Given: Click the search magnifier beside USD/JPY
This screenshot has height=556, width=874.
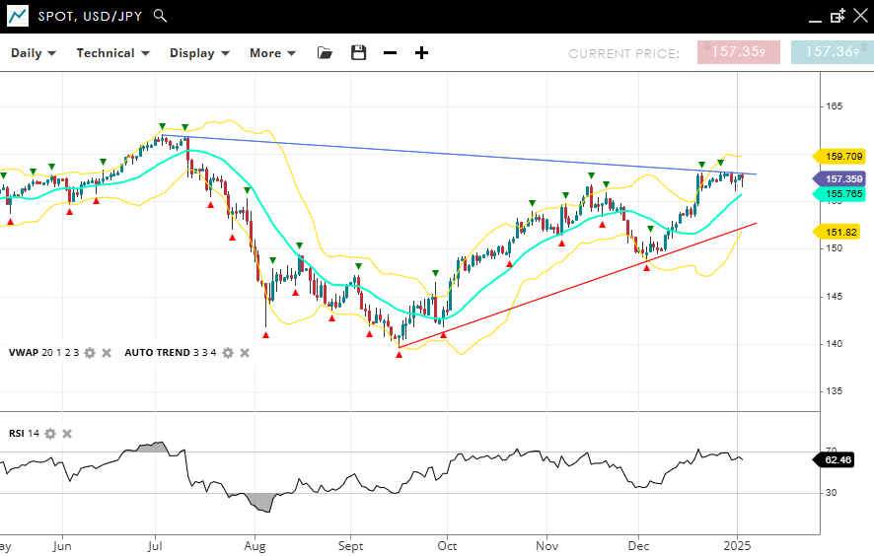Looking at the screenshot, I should pyautogui.click(x=161, y=16).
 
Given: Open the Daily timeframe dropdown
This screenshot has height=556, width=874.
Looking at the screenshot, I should pyautogui.click(x=34, y=53).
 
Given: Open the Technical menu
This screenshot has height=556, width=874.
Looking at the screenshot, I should pyautogui.click(x=112, y=53).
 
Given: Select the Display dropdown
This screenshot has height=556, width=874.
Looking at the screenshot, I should pyautogui.click(x=199, y=53).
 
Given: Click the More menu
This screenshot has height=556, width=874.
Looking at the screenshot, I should pyautogui.click(x=272, y=53).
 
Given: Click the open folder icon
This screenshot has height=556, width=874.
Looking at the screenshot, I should pyautogui.click(x=325, y=53).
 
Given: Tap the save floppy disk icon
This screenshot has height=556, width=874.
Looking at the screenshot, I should pyautogui.click(x=358, y=53).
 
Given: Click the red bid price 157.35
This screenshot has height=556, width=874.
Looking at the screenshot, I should pyautogui.click(x=738, y=52).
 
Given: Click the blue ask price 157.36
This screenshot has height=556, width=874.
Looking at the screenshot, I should pyautogui.click(x=832, y=52).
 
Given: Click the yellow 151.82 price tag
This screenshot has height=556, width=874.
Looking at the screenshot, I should pyautogui.click(x=839, y=232).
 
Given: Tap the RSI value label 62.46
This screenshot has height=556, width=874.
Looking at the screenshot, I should pyautogui.click(x=843, y=459).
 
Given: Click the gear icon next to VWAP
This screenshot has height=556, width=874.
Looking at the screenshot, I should pyautogui.click(x=90, y=353).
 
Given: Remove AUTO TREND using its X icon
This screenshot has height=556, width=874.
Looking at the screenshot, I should pyautogui.click(x=245, y=353).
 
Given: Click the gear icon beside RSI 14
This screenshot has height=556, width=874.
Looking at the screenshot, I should pyautogui.click(x=50, y=434).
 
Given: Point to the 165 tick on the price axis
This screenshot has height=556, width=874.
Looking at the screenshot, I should pyautogui.click(x=834, y=105).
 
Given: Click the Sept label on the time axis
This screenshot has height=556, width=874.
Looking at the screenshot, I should pyautogui.click(x=350, y=544).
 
